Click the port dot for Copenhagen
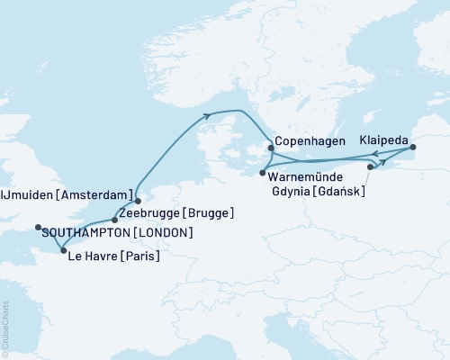coord(270,148)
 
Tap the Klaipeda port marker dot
coord(412,147)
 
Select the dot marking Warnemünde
coord(262,171)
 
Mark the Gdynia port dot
coord(371,167)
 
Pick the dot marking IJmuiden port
coord(138,201)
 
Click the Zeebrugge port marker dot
coord(113,220)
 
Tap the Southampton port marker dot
coord(38,227)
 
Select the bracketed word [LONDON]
coord(162,233)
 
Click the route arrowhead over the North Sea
coord(209,114)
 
